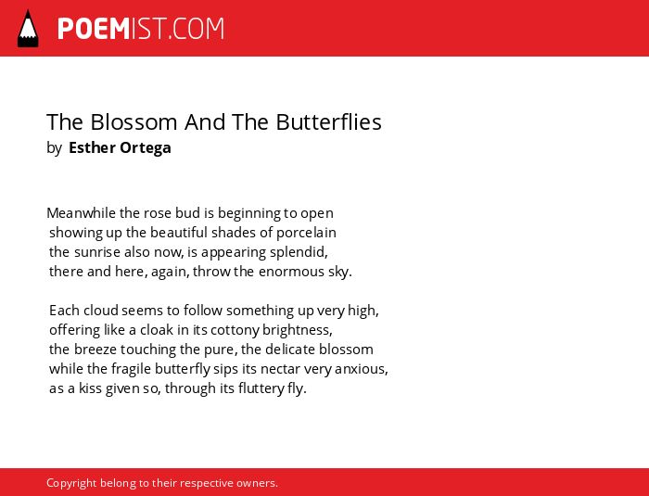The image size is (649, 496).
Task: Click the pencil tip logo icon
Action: [x=28, y=29]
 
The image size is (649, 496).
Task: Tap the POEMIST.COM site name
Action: [x=141, y=29]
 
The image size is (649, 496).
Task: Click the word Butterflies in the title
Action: [x=328, y=122]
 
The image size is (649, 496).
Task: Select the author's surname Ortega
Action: [x=146, y=147]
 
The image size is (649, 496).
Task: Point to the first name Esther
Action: [x=92, y=147]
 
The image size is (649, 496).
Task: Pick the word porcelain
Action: [x=306, y=233]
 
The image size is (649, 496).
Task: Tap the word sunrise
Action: [x=97, y=252]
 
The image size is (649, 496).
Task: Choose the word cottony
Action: [x=235, y=330]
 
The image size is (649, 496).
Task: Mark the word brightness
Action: [x=298, y=330]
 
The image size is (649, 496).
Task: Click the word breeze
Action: [x=95, y=350]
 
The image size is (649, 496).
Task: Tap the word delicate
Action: [x=290, y=350]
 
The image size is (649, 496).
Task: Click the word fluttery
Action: [x=261, y=388]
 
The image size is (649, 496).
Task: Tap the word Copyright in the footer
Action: [x=71, y=484]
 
